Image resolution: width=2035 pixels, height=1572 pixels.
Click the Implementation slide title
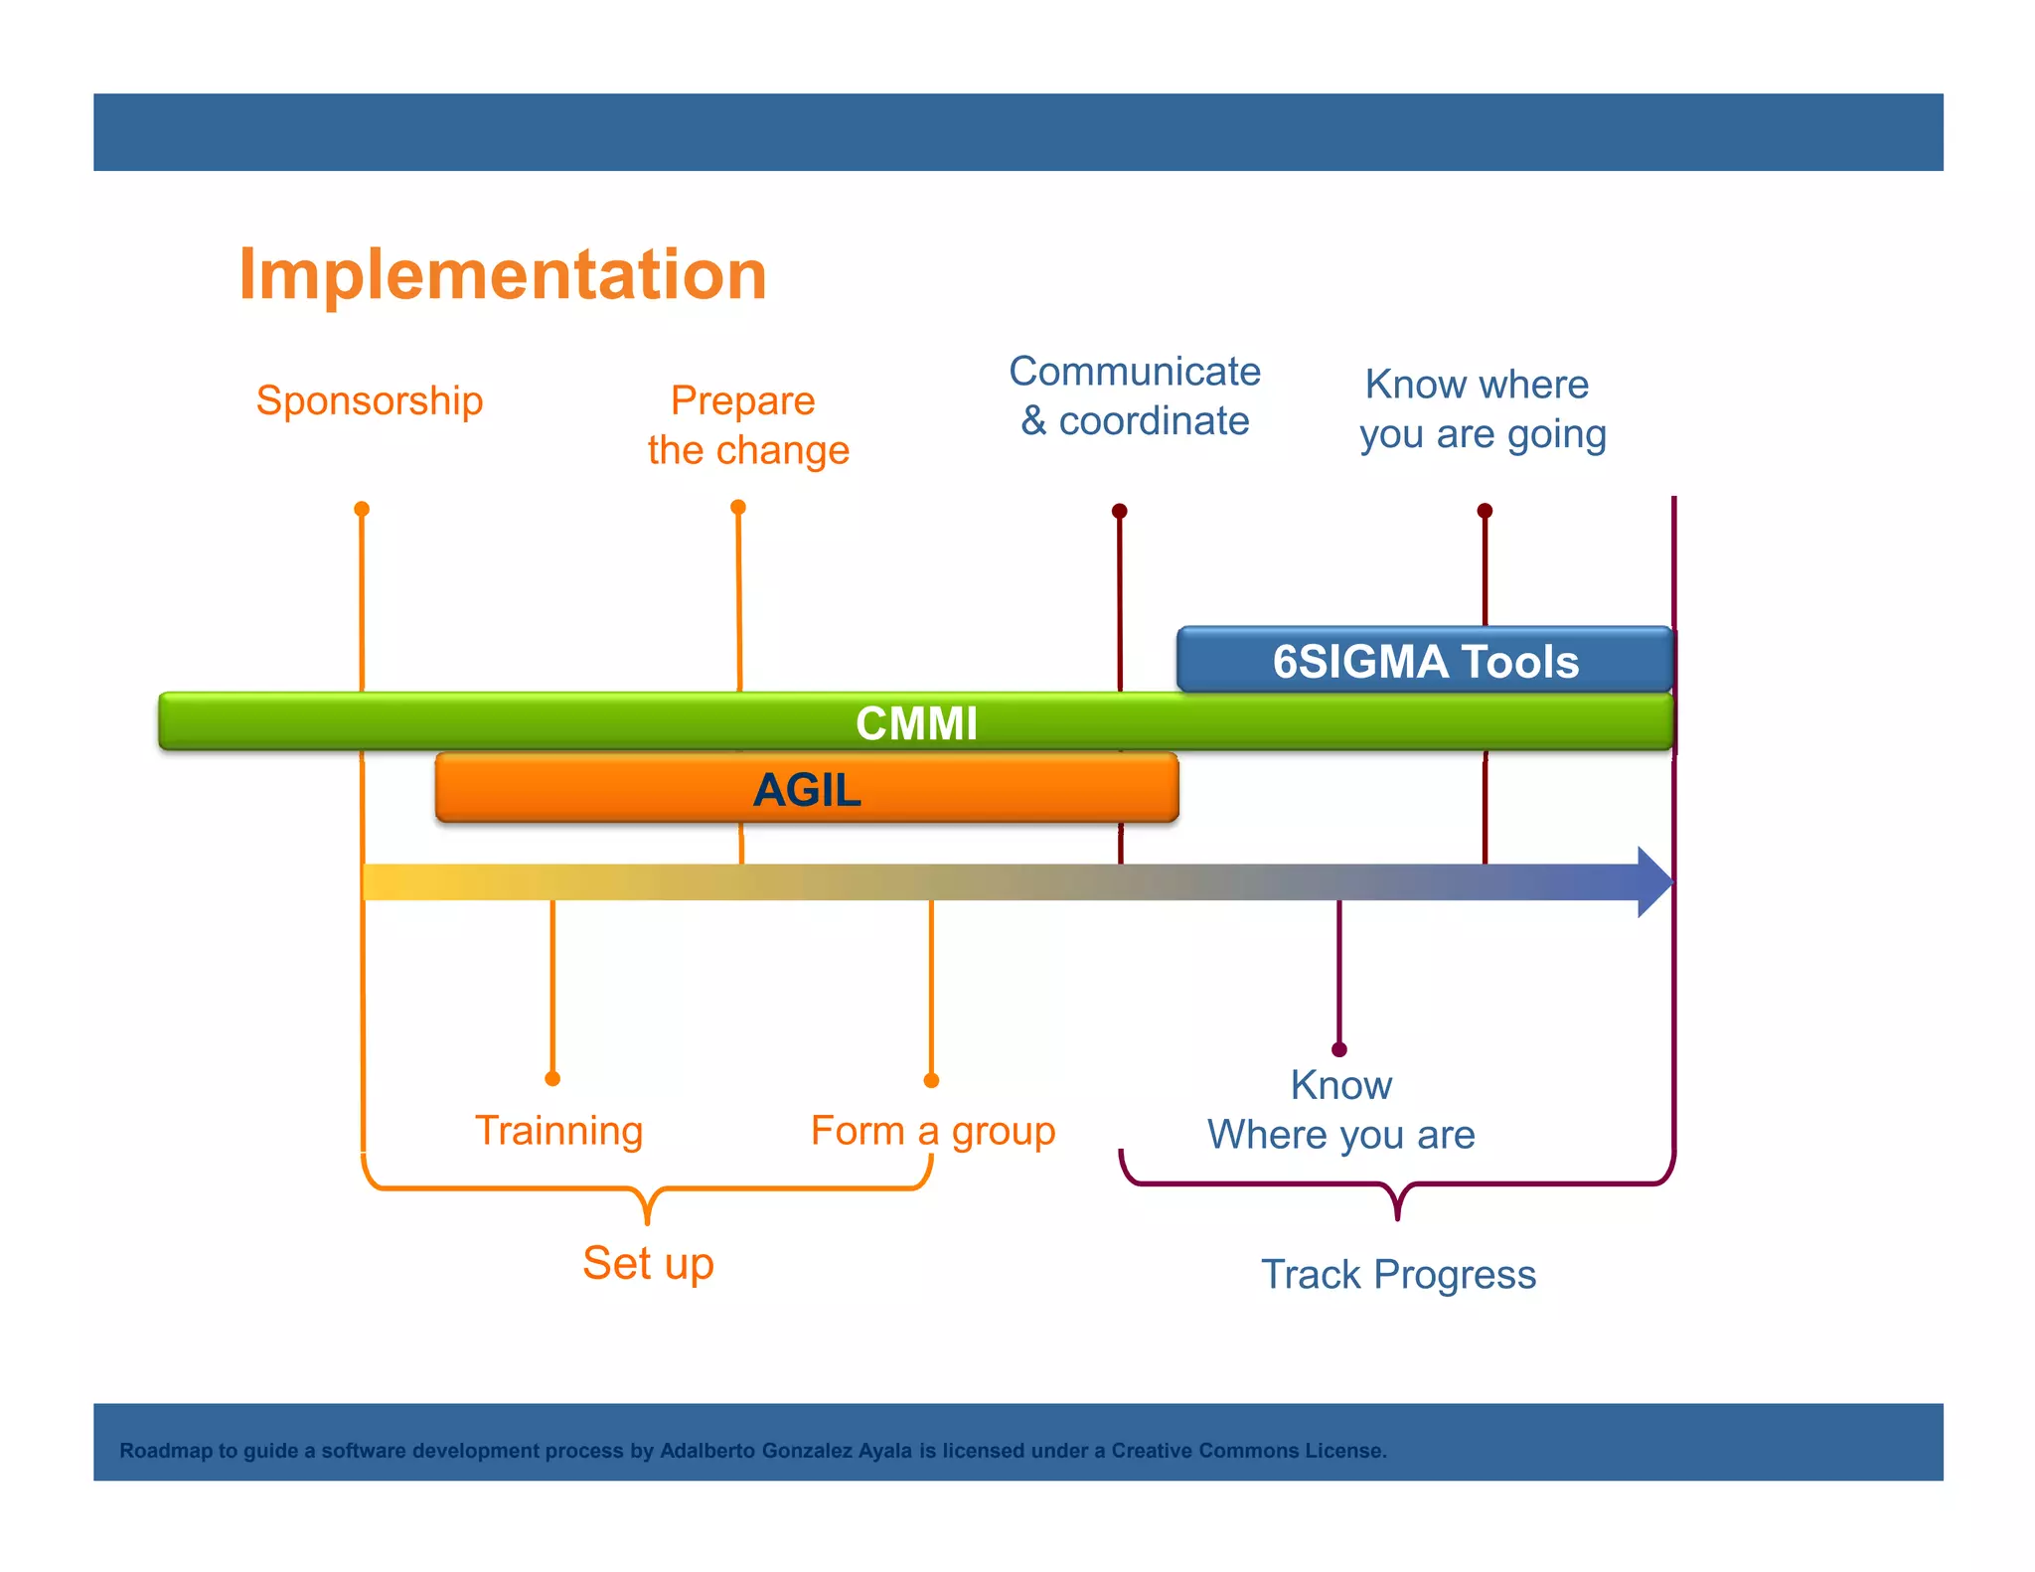(502, 274)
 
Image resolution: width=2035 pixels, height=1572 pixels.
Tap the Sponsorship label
(369, 400)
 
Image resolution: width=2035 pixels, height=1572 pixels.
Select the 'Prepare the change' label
(747, 425)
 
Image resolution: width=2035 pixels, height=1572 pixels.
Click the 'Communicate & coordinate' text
(1135, 395)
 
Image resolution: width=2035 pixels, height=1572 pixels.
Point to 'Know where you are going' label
(1482, 408)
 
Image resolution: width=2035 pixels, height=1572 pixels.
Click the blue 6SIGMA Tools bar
(1425, 661)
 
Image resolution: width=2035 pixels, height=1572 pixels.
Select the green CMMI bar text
(916, 722)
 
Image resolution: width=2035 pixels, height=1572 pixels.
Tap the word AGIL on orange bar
(807, 790)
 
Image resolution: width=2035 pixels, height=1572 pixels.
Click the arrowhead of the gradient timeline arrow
(1655, 881)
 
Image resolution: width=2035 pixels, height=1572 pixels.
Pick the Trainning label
(558, 1131)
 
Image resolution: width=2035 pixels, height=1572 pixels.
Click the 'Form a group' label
(932, 1131)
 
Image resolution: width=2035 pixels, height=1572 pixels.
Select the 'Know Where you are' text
(1340, 1110)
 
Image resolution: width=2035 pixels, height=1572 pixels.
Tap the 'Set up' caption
(648, 1263)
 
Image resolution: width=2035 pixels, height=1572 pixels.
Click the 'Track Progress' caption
(1398, 1274)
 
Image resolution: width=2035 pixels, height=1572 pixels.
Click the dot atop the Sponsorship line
(362, 509)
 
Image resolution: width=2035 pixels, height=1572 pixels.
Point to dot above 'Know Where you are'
(1339, 1049)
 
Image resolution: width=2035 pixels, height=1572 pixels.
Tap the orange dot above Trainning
(552, 1078)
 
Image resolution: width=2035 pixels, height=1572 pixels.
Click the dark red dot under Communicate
(1119, 511)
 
